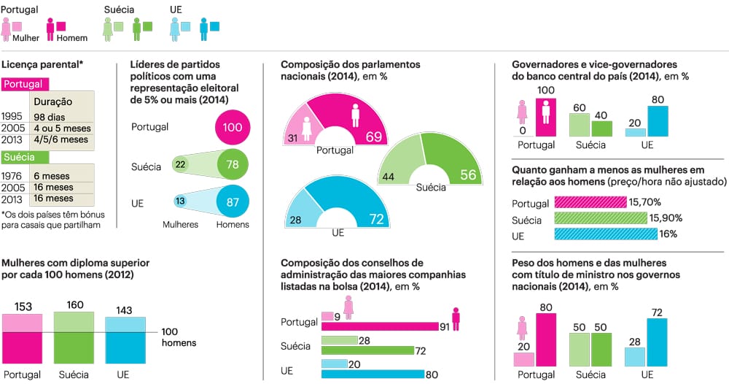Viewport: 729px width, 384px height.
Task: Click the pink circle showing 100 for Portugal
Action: pyautogui.click(x=233, y=128)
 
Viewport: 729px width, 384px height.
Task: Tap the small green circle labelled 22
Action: pyautogui.click(x=180, y=165)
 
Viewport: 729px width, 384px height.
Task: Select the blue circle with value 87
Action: pyautogui.click(x=233, y=201)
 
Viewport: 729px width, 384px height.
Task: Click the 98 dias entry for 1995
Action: pyautogui.click(x=48, y=117)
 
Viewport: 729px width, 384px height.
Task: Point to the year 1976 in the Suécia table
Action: pyautogui.click(x=12, y=176)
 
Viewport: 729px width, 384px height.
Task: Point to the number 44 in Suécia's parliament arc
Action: pyautogui.click(x=389, y=177)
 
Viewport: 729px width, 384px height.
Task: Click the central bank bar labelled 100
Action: pyautogui.click(x=546, y=118)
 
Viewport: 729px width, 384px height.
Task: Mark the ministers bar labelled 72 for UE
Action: pyautogui.click(x=657, y=342)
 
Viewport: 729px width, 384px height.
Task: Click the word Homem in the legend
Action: pyautogui.click(x=71, y=38)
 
